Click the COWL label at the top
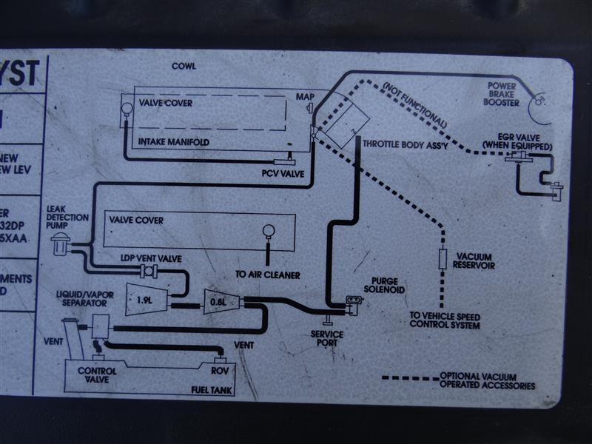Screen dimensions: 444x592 (x=184, y=66)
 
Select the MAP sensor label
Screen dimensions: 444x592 (x=305, y=97)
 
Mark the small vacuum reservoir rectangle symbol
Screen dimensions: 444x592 (x=443, y=259)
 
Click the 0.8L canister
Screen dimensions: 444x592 (x=218, y=300)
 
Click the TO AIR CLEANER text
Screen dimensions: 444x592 (x=267, y=275)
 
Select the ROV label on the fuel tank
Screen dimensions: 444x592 (x=218, y=369)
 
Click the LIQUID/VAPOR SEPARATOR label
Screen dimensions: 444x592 (x=86, y=298)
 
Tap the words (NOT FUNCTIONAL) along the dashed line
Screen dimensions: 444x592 (x=415, y=103)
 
